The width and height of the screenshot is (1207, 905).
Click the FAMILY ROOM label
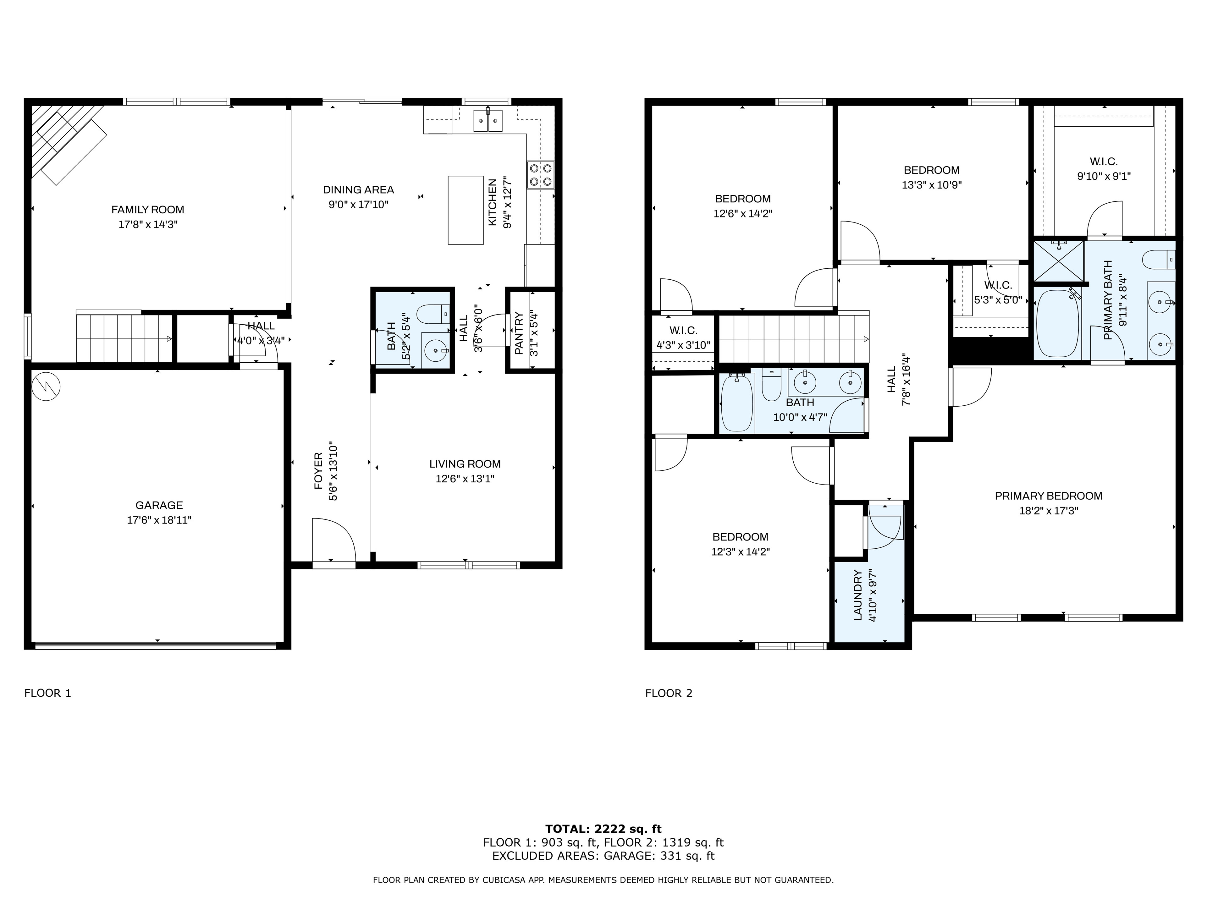click(148, 210)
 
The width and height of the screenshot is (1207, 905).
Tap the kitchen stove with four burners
click(540, 175)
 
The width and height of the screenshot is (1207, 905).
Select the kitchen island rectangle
click(466, 210)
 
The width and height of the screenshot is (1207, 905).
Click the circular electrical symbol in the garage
click(46, 386)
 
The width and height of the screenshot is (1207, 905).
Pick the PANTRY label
click(519, 333)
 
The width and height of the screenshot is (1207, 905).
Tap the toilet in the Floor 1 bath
click(433, 314)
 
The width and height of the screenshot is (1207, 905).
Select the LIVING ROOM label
click(465, 464)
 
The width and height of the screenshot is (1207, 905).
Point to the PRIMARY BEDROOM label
click(1048, 496)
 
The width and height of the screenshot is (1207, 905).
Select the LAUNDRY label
click(857, 595)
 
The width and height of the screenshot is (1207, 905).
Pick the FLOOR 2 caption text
click(669, 693)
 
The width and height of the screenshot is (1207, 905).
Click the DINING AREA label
click(359, 190)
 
